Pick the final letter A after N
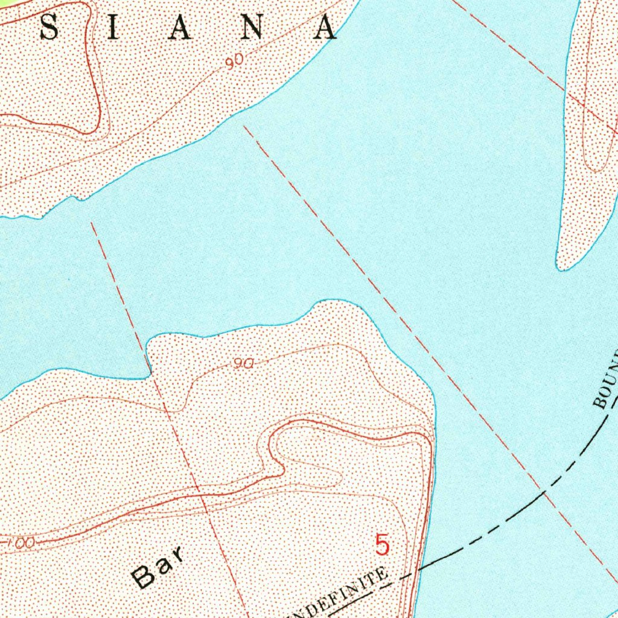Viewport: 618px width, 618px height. point(325,28)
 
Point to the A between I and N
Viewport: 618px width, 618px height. point(180,28)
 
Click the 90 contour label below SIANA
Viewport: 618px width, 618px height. point(235,60)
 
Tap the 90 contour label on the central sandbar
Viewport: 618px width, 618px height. point(243,363)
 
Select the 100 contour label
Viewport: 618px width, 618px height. point(22,543)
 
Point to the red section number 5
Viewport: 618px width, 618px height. point(382,545)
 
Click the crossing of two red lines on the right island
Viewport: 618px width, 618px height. point(584,106)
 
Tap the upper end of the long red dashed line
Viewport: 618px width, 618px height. point(244,127)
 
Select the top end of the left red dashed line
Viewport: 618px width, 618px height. point(92,223)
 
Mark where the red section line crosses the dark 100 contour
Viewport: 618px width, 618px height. point(202,495)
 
